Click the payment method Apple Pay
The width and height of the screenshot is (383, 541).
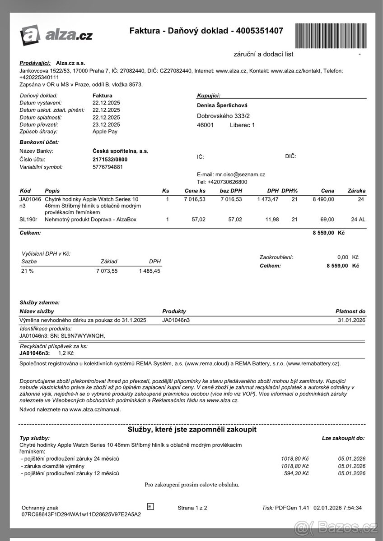(105, 132)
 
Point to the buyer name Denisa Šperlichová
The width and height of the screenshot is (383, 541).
(222, 105)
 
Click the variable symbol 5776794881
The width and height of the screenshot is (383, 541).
(107, 167)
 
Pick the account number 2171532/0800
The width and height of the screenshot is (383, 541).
(110, 159)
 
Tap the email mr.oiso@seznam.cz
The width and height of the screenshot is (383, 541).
(240, 174)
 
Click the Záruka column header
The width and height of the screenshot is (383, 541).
(357, 191)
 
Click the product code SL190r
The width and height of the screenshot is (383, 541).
(28, 220)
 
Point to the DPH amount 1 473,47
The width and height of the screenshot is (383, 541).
(268, 199)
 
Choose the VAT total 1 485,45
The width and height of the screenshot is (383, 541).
(149, 271)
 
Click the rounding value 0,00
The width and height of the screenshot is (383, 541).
(343, 257)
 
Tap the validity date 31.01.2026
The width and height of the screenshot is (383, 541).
(351, 320)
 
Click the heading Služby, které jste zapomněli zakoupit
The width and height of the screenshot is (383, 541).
(192, 430)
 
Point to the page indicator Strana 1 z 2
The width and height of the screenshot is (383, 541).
(192, 508)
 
